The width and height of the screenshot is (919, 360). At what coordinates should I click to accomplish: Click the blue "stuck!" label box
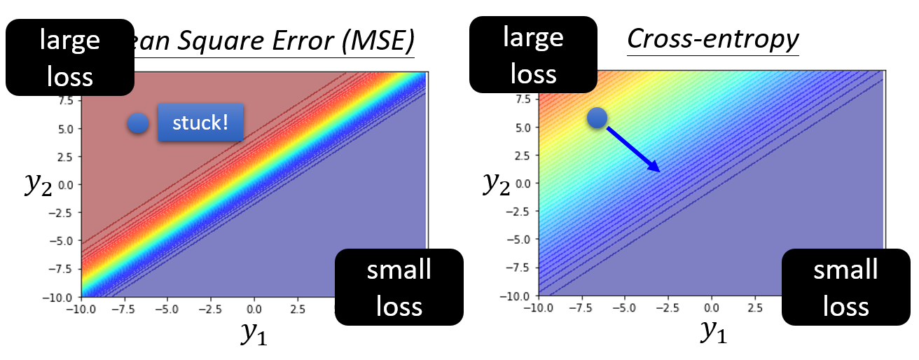(x=200, y=123)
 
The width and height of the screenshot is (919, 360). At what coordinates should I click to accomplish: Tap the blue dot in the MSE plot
(x=139, y=124)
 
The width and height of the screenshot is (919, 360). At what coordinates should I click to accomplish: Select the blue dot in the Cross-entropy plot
(x=597, y=118)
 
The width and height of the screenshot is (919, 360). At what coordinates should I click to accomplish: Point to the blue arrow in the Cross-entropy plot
(x=633, y=149)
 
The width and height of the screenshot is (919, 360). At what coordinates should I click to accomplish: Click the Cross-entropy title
(x=712, y=39)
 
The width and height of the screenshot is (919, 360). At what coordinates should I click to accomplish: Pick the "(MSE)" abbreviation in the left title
(x=378, y=46)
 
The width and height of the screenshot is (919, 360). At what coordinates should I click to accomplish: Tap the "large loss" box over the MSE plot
(x=69, y=57)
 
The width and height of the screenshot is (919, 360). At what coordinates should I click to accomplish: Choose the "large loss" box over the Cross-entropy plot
(x=533, y=55)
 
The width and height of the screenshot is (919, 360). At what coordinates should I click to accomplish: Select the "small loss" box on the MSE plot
(x=399, y=287)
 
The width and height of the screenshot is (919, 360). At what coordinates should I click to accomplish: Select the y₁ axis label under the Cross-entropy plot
(x=714, y=332)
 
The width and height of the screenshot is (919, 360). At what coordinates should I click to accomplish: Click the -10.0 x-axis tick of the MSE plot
(x=81, y=308)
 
